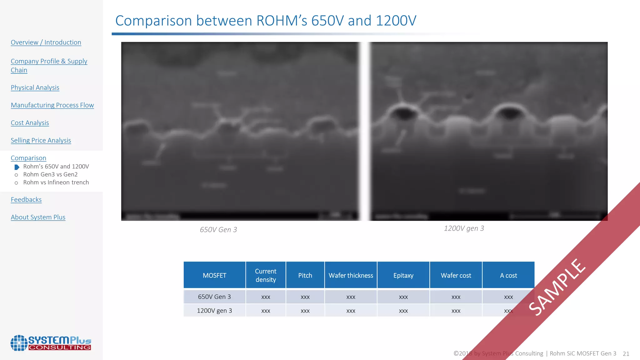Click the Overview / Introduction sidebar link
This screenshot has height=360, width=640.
pos(46,42)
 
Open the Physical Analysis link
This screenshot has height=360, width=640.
pos(35,88)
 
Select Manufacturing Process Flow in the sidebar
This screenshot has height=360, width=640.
pos(52,105)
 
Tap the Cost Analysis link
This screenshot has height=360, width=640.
pos(30,123)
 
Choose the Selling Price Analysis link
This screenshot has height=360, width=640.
pos(41,141)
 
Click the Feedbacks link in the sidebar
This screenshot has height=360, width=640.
pos(26,200)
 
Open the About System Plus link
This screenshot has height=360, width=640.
pos(38,217)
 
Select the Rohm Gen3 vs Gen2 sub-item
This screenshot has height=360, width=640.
pos(50,174)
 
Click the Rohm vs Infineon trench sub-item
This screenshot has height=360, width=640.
pos(56,182)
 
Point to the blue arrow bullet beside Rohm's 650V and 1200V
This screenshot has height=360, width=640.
pos(17,167)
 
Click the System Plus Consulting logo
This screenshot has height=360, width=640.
pos(51,343)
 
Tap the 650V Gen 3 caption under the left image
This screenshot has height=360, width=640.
pos(218,230)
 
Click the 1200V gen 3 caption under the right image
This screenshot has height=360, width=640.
pos(464,228)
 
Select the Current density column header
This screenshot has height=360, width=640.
pos(266,275)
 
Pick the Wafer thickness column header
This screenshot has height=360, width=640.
pos(351,275)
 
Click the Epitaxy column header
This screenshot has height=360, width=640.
pos(403,275)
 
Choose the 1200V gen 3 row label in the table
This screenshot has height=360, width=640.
pos(214,311)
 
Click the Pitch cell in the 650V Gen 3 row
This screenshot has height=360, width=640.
pos(305,297)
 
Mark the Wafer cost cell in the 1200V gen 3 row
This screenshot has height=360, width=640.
pos(456,311)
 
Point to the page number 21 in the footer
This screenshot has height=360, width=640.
pos(626,354)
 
